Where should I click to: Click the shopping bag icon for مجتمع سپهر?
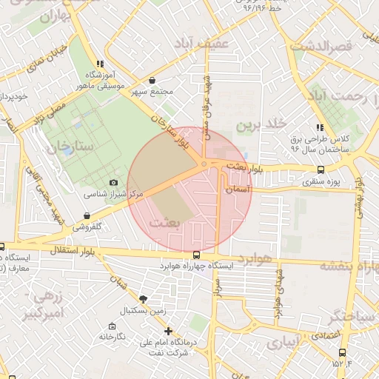[152, 81]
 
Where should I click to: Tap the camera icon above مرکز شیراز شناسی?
[113, 182]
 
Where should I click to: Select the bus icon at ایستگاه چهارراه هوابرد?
[195, 255]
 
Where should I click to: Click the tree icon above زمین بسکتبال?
[142, 298]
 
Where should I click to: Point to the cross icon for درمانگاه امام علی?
[169, 331]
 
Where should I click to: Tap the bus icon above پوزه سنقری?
[321, 169]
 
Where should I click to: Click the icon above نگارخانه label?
[112, 326]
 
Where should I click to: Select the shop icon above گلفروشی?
[87, 218]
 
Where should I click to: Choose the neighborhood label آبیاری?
[284, 343]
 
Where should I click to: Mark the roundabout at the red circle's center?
[204, 164]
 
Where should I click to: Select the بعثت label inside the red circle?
[164, 221]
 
